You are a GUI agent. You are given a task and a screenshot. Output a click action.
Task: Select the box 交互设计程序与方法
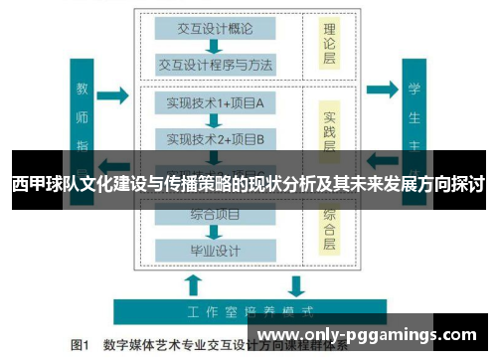tap(214, 65)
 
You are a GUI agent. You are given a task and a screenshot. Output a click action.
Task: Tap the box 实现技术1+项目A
tap(214, 102)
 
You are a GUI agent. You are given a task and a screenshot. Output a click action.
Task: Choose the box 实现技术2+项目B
tap(214, 138)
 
